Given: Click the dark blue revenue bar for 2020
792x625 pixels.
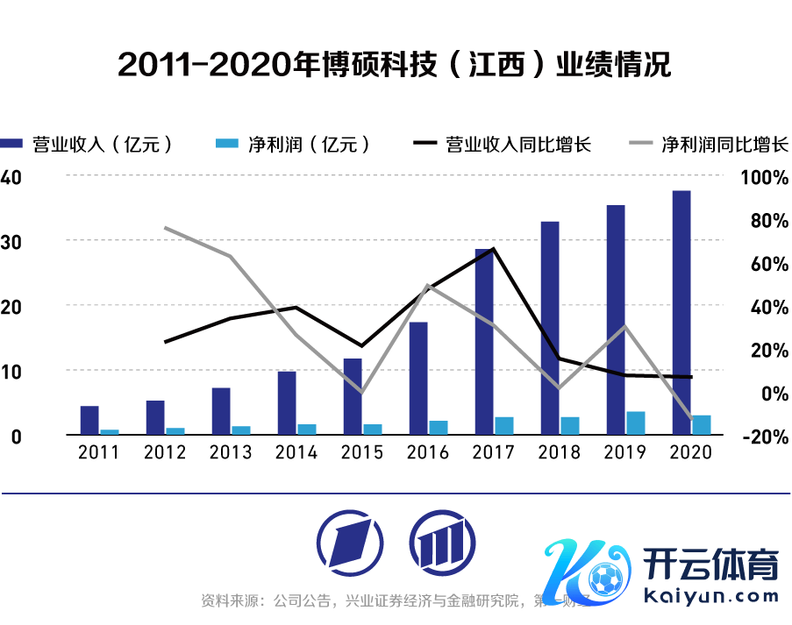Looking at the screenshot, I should coord(681,312).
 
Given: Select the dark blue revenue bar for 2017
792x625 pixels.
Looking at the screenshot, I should coord(484,341).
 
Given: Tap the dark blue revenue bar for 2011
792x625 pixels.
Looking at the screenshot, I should coord(89,420).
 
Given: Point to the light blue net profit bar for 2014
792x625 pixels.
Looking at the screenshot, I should coord(307,429).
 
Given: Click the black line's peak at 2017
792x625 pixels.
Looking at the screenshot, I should coord(494,249).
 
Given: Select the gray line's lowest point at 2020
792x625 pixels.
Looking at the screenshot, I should coord(691,418).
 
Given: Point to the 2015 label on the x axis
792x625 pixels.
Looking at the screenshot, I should coord(361,452).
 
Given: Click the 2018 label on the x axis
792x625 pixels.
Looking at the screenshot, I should coord(559,452).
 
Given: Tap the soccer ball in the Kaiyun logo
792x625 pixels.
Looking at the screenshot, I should coord(603,579).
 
